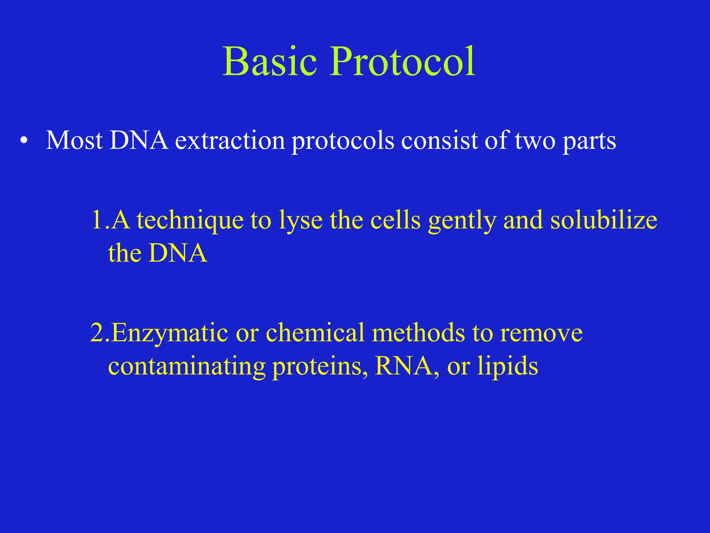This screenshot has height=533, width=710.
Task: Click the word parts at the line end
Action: coord(589,142)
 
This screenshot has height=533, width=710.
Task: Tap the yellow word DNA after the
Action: coord(178,253)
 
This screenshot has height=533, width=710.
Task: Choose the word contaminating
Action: coord(187,366)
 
